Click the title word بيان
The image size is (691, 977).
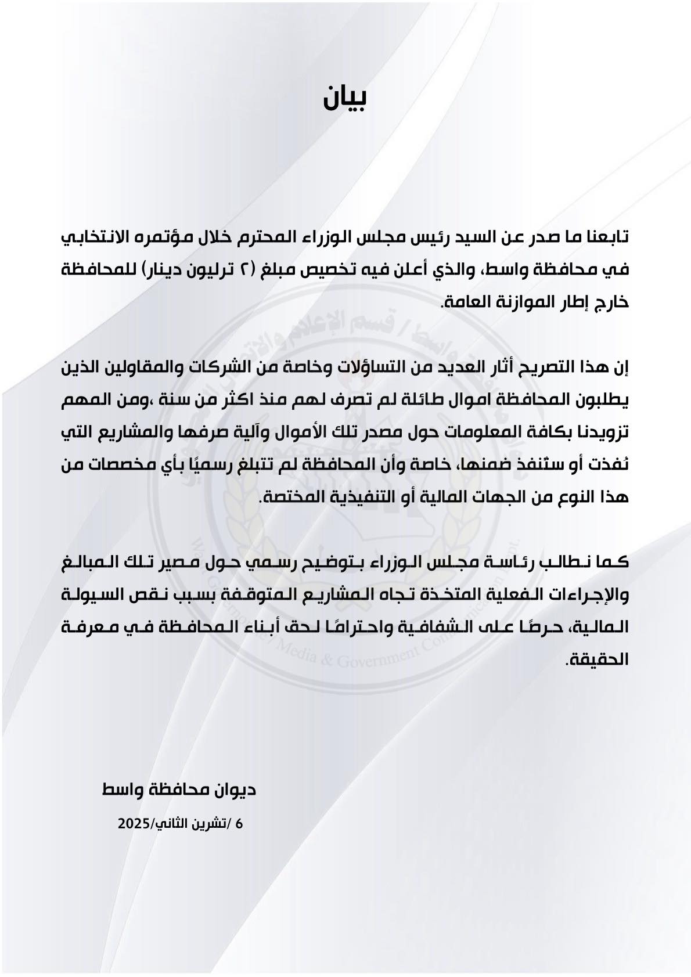pos(345,97)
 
